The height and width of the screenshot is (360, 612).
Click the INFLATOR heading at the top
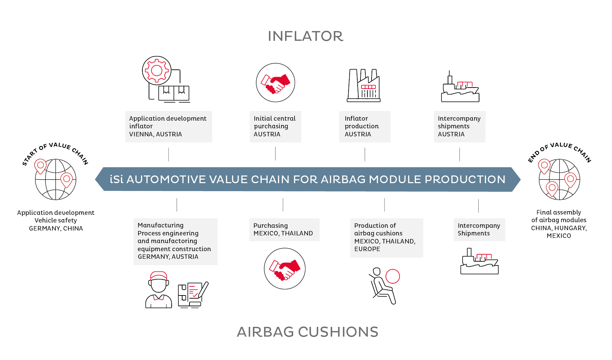pos(305,36)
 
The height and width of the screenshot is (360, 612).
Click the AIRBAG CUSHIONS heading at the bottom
pos(307,332)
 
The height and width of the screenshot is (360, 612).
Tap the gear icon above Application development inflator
pos(157,70)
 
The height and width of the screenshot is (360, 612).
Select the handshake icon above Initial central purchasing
pos(275,83)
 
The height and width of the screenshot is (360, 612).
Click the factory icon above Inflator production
pos(364,85)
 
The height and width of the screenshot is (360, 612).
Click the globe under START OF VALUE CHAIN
pos(55,179)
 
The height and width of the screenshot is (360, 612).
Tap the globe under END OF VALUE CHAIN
pos(559,179)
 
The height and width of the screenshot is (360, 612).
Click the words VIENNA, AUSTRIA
pos(156,134)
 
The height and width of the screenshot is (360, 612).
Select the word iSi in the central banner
pos(117,179)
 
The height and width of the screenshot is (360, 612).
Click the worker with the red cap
pos(159,290)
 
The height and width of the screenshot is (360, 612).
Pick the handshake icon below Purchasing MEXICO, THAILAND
pos(285,269)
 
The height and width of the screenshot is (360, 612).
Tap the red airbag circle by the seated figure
pos(393,276)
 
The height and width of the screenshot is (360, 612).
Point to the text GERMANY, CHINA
pos(56,228)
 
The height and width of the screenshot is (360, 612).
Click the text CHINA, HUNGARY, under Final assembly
pos(559,228)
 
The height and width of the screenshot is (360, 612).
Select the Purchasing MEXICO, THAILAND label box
pos(284,230)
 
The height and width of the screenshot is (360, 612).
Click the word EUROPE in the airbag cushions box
pos(367,249)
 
